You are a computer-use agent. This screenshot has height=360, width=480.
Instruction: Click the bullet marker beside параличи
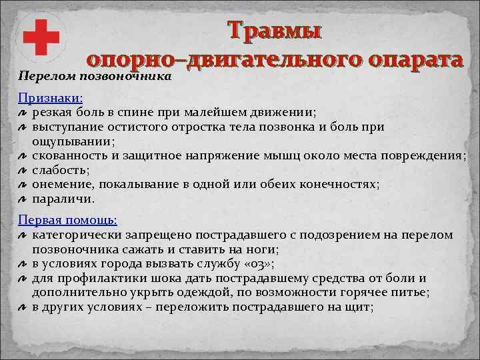point(22,199)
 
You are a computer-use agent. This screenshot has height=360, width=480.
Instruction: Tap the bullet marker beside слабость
point(22,171)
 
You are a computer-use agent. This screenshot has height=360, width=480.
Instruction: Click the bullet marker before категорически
point(22,235)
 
